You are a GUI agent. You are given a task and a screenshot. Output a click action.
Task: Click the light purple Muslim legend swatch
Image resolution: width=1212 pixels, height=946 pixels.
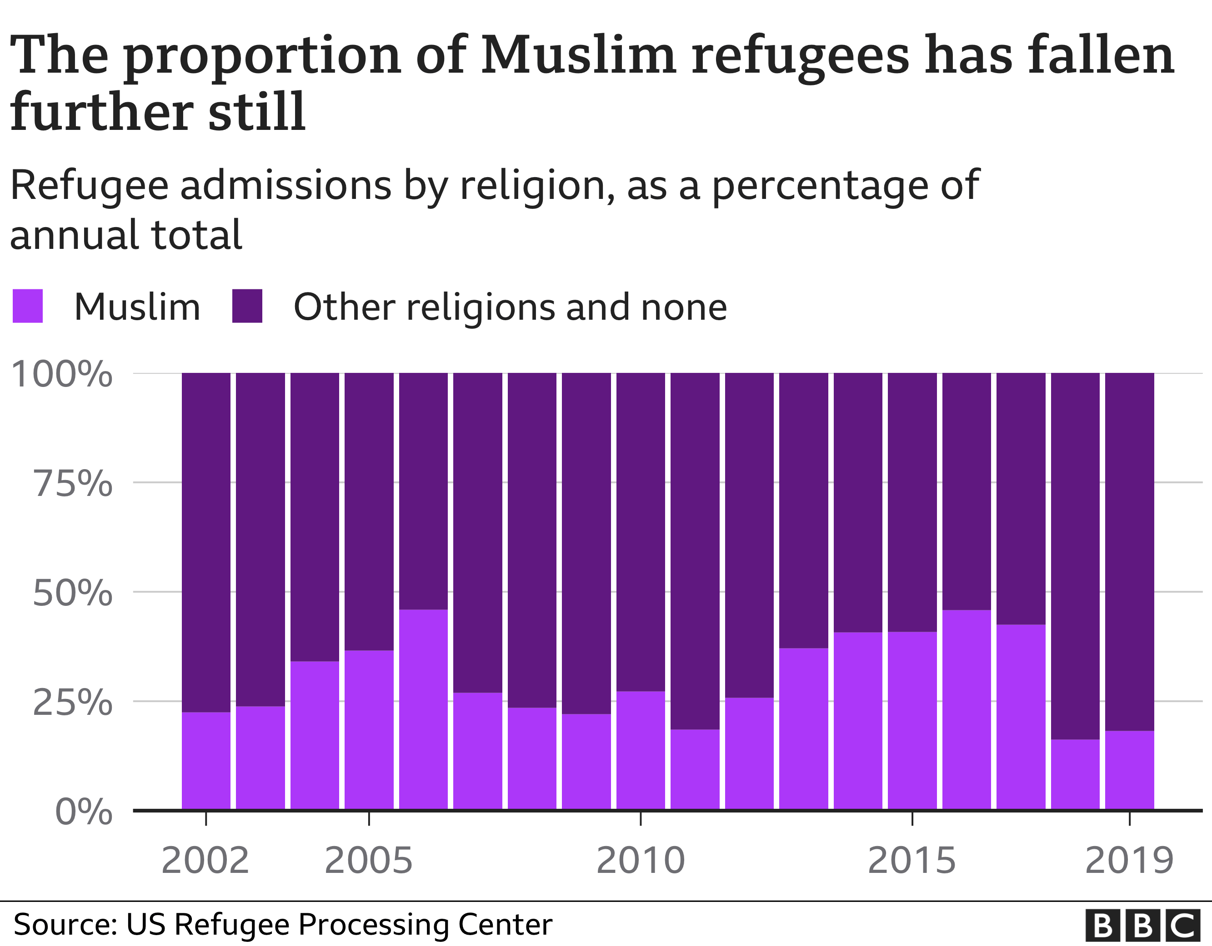click(x=28, y=306)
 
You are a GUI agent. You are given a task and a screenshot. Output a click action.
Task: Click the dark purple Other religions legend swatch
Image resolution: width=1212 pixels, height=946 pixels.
click(x=247, y=306)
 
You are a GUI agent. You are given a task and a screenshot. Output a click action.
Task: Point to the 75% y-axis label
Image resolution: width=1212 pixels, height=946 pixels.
click(x=73, y=484)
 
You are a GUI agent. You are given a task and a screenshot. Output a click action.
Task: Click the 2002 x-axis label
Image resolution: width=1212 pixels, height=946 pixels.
click(x=205, y=861)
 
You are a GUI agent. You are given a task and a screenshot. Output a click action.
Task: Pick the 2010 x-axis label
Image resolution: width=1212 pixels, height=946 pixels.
click(x=641, y=861)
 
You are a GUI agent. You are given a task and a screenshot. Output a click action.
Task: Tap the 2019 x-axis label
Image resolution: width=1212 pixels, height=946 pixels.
click(x=1129, y=861)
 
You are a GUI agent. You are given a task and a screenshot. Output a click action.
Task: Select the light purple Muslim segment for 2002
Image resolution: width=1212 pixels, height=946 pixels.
click(x=206, y=760)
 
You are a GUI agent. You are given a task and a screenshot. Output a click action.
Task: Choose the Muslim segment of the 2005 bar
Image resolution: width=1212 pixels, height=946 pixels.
click(x=369, y=729)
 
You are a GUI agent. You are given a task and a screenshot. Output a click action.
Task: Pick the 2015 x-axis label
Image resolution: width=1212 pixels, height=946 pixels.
click(x=912, y=861)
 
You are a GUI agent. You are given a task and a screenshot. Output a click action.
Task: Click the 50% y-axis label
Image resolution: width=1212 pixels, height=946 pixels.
click(x=73, y=593)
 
